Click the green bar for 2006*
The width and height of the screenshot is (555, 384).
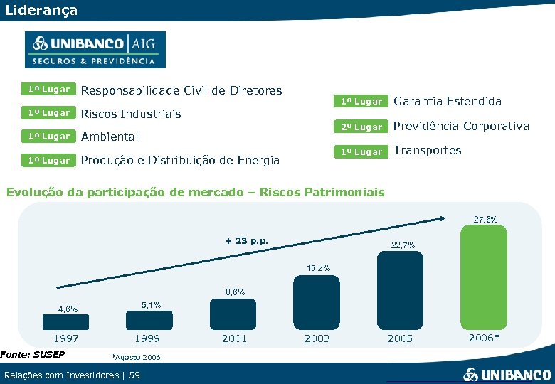484,278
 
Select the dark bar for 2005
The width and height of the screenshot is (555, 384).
400,292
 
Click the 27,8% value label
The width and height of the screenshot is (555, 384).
485,220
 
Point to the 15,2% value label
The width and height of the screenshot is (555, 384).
317,267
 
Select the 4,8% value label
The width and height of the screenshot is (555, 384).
68,309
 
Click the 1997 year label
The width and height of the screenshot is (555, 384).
67,338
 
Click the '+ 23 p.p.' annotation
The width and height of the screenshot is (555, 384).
246,240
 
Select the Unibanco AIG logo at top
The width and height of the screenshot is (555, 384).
95,50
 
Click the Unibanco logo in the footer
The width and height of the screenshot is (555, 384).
507,374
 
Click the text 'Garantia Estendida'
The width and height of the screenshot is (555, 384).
448,102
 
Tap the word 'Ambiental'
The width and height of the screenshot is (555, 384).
110,137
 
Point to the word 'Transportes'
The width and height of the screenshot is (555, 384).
428,150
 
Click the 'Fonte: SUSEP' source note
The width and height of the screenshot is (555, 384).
33,354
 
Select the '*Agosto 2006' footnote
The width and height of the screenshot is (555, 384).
137,357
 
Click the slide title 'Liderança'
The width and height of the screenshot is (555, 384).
41,11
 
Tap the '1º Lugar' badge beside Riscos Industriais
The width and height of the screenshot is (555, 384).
49,113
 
